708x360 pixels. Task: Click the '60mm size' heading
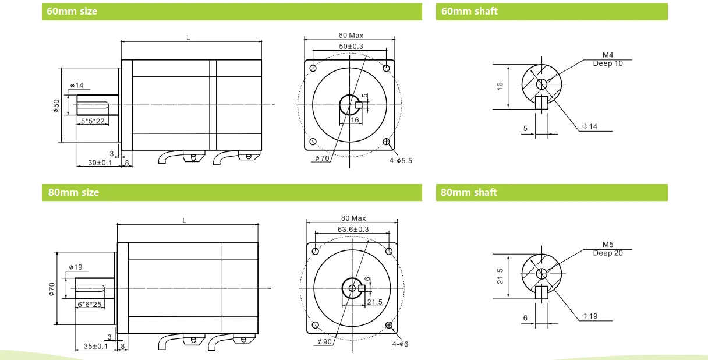[72, 12]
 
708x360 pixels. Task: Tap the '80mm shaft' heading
[469, 192]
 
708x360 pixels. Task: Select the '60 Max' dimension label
[351, 35]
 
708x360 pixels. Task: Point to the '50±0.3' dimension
[351, 46]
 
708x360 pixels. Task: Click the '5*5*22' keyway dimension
[93, 121]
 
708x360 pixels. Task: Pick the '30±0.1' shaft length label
[100, 163]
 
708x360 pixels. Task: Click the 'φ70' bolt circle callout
[322, 158]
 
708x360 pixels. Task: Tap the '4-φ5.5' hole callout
[401, 161]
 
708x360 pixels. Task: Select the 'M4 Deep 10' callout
[608, 59]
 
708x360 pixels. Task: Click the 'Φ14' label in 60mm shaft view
[590, 126]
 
